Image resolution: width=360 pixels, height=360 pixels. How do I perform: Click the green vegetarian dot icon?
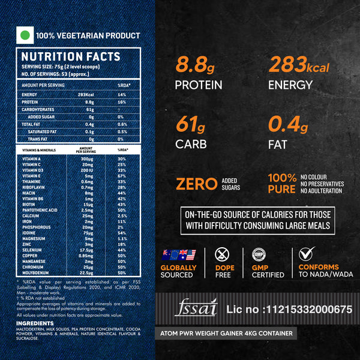pos(25,35)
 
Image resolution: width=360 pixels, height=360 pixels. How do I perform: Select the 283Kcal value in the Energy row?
pos(86,95)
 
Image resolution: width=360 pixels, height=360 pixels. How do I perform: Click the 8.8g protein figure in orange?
pos(191,64)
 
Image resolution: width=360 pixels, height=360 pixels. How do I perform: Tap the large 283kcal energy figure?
pos(299,64)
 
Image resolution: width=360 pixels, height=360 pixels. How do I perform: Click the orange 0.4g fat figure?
pos(288,124)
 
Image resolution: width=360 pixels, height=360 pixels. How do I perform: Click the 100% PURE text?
pos(282,184)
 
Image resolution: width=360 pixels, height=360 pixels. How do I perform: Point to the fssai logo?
pos(194,308)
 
